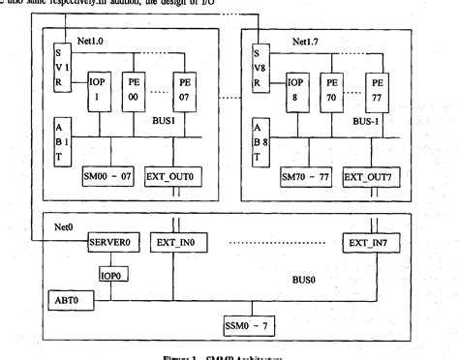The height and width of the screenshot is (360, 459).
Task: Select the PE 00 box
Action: pyautogui.click(x=136, y=92)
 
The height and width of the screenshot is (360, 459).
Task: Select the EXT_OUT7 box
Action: pyautogui.click(x=369, y=177)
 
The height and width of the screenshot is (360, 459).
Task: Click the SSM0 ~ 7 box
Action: pyautogui.click(x=246, y=322)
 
